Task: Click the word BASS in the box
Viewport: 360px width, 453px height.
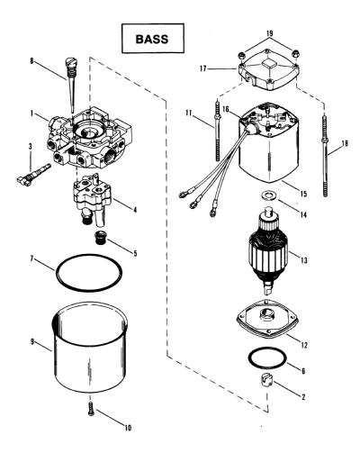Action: [x=152, y=39]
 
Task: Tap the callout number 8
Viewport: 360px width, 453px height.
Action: [x=31, y=61]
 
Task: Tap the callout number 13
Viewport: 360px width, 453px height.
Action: [x=304, y=260]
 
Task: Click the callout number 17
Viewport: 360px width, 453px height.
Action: [x=203, y=68]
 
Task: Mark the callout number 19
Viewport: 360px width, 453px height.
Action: [x=269, y=33]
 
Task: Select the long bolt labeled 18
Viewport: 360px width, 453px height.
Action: [x=325, y=155]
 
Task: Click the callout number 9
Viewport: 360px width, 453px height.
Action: [x=32, y=341]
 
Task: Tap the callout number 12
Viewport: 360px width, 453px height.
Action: [x=303, y=345]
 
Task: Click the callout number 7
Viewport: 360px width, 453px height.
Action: [x=31, y=258]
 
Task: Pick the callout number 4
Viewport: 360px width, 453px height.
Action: [x=135, y=210]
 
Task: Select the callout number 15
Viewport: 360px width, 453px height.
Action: [x=303, y=194]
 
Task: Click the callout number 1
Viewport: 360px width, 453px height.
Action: [x=31, y=114]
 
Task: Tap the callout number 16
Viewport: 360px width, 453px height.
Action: [x=225, y=109]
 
